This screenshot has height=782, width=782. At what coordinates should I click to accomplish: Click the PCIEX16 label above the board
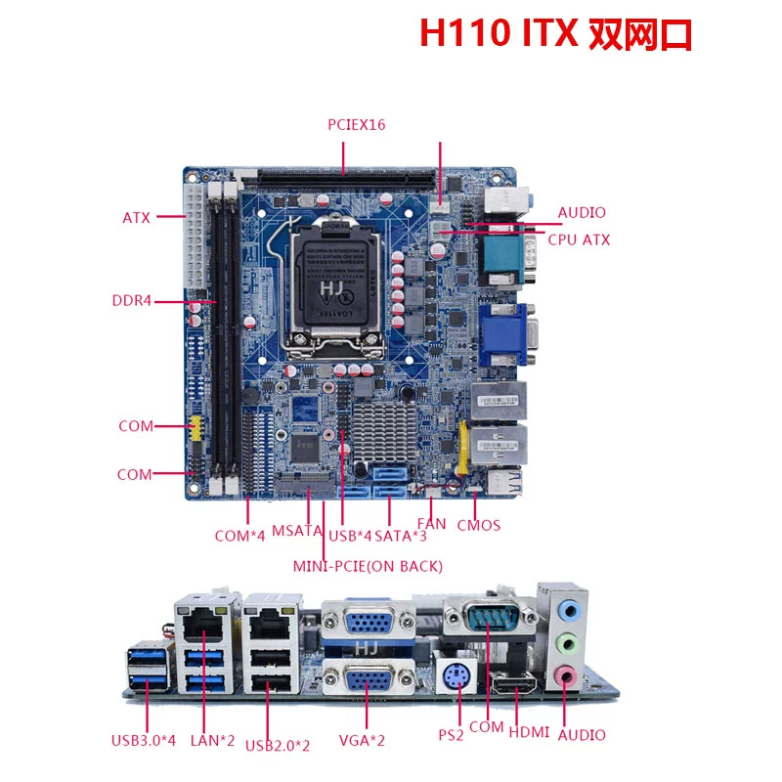coord(357,125)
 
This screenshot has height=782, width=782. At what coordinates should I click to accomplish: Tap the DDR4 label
coord(132,301)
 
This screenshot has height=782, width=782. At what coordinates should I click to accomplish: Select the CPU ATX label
coord(579,239)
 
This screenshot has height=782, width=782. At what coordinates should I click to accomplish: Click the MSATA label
coord(297,531)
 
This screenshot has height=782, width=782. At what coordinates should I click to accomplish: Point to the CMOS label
coord(478,526)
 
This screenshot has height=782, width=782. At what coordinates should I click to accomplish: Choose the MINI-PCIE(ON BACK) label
coord(368,567)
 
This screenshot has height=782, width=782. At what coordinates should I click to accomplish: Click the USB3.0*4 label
coord(144,741)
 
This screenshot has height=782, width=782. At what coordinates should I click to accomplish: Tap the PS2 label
coord(451,735)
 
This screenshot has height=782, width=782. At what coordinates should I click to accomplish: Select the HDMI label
coord(529,732)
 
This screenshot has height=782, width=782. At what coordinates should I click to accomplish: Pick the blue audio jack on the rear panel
coord(568,610)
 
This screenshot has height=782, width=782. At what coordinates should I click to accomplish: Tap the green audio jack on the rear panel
coord(568,643)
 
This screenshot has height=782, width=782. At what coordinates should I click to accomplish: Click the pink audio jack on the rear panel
coord(566,676)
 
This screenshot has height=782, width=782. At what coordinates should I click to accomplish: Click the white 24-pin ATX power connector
coord(194,236)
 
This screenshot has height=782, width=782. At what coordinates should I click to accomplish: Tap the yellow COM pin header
coord(196,428)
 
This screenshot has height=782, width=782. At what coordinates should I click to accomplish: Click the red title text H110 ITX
coord(499,33)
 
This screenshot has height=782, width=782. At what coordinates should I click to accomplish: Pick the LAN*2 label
coord(212,741)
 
